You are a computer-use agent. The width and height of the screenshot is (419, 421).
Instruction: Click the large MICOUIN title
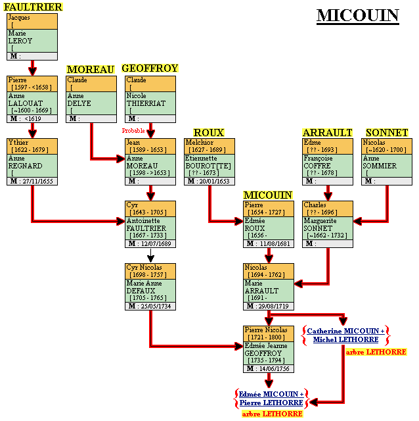click(357, 16)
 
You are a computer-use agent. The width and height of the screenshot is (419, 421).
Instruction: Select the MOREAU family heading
click(91, 69)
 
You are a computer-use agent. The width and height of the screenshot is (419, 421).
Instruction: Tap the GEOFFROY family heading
click(150, 68)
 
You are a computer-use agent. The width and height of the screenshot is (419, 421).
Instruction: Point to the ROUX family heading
click(209, 132)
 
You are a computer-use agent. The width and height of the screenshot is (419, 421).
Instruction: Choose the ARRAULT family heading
click(327, 132)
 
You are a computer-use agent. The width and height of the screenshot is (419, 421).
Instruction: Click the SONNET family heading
click(387, 132)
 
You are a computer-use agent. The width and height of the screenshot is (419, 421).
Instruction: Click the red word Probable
click(133, 131)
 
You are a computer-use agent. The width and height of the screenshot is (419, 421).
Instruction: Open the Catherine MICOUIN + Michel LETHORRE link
click(345, 335)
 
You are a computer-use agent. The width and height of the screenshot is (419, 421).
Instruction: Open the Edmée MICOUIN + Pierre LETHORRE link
click(271, 397)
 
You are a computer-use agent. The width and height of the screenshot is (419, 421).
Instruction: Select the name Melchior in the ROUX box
click(200, 142)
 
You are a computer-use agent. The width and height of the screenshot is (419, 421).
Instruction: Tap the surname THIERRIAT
click(145, 103)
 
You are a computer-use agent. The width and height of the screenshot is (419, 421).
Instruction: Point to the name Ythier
click(18, 142)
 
